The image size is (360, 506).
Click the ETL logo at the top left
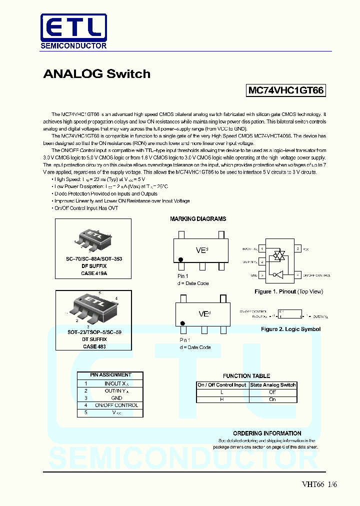[73, 31]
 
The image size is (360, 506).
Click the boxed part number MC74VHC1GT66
[286, 90]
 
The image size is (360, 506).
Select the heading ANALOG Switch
[96, 74]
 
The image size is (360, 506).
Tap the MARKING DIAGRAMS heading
[198, 219]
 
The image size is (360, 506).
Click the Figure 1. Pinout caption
[288, 291]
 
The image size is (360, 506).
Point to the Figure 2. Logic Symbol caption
[290, 329]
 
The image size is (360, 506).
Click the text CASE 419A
[94, 273]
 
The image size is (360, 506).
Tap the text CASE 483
[94, 346]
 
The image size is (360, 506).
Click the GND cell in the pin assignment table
[116, 398]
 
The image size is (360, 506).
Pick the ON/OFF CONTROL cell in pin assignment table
[116, 405]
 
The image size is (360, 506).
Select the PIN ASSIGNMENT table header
[110, 375]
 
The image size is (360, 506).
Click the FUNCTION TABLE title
[246, 376]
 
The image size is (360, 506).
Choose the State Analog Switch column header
[273, 385]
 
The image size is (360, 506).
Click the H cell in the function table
[222, 399]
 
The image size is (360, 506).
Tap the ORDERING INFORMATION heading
[267, 433]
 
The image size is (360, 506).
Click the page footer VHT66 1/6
[319, 484]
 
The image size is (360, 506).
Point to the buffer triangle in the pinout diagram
[279, 274]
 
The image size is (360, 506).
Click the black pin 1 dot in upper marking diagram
[181, 260]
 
